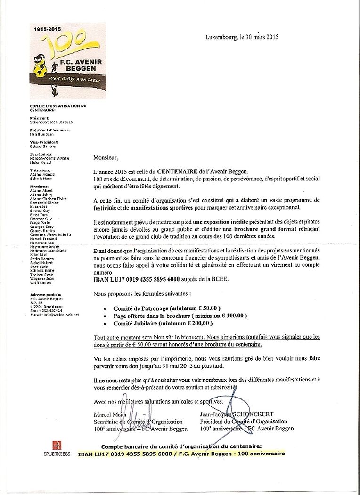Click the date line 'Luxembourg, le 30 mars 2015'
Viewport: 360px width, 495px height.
click(242, 37)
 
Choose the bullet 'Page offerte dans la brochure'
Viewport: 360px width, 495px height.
click(180, 316)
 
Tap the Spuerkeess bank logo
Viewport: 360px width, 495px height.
click(56, 448)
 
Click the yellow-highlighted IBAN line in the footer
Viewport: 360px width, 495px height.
click(181, 454)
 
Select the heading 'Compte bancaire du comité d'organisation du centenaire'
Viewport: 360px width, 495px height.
click(181, 446)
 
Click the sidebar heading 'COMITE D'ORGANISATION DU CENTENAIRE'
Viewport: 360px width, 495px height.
click(58, 107)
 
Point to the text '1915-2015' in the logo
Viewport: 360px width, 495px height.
click(48, 29)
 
